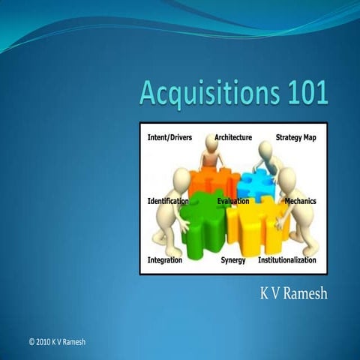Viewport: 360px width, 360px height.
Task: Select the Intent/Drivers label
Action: pos(170,138)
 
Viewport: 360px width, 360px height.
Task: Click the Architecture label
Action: pos(233,138)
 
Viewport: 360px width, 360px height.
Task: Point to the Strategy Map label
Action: pos(295,138)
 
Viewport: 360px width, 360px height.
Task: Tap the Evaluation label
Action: pos(233,201)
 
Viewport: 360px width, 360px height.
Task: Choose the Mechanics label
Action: pos(300,201)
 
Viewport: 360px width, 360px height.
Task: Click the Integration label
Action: pos(165,260)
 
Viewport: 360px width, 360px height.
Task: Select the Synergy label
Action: pos(233,260)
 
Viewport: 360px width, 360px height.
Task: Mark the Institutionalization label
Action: pos(286,260)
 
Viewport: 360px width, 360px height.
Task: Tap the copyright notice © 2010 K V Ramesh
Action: pos(57,342)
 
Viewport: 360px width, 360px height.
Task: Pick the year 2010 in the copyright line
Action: pos(46,342)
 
